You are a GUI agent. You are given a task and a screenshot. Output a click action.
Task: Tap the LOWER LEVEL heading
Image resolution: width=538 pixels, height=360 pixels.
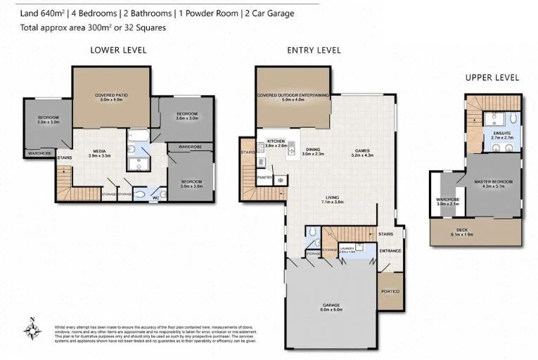point(118,50)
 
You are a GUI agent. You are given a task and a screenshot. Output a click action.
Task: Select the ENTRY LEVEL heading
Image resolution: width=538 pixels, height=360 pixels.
point(314,50)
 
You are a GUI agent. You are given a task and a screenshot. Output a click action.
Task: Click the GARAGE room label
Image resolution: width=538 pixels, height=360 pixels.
point(331,306)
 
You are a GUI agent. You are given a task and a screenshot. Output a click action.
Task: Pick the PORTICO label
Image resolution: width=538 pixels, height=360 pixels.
point(390,292)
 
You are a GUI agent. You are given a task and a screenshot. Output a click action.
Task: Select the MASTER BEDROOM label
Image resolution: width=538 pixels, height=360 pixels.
point(493,181)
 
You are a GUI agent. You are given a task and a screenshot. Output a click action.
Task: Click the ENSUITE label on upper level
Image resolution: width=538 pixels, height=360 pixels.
point(502,132)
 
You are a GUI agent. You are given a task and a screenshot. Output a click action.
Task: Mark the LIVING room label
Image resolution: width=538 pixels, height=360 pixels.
point(332,198)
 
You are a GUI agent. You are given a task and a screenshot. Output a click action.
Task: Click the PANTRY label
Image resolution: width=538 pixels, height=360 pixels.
point(265,178)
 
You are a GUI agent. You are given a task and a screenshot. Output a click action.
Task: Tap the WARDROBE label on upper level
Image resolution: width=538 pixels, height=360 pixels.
point(447,199)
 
